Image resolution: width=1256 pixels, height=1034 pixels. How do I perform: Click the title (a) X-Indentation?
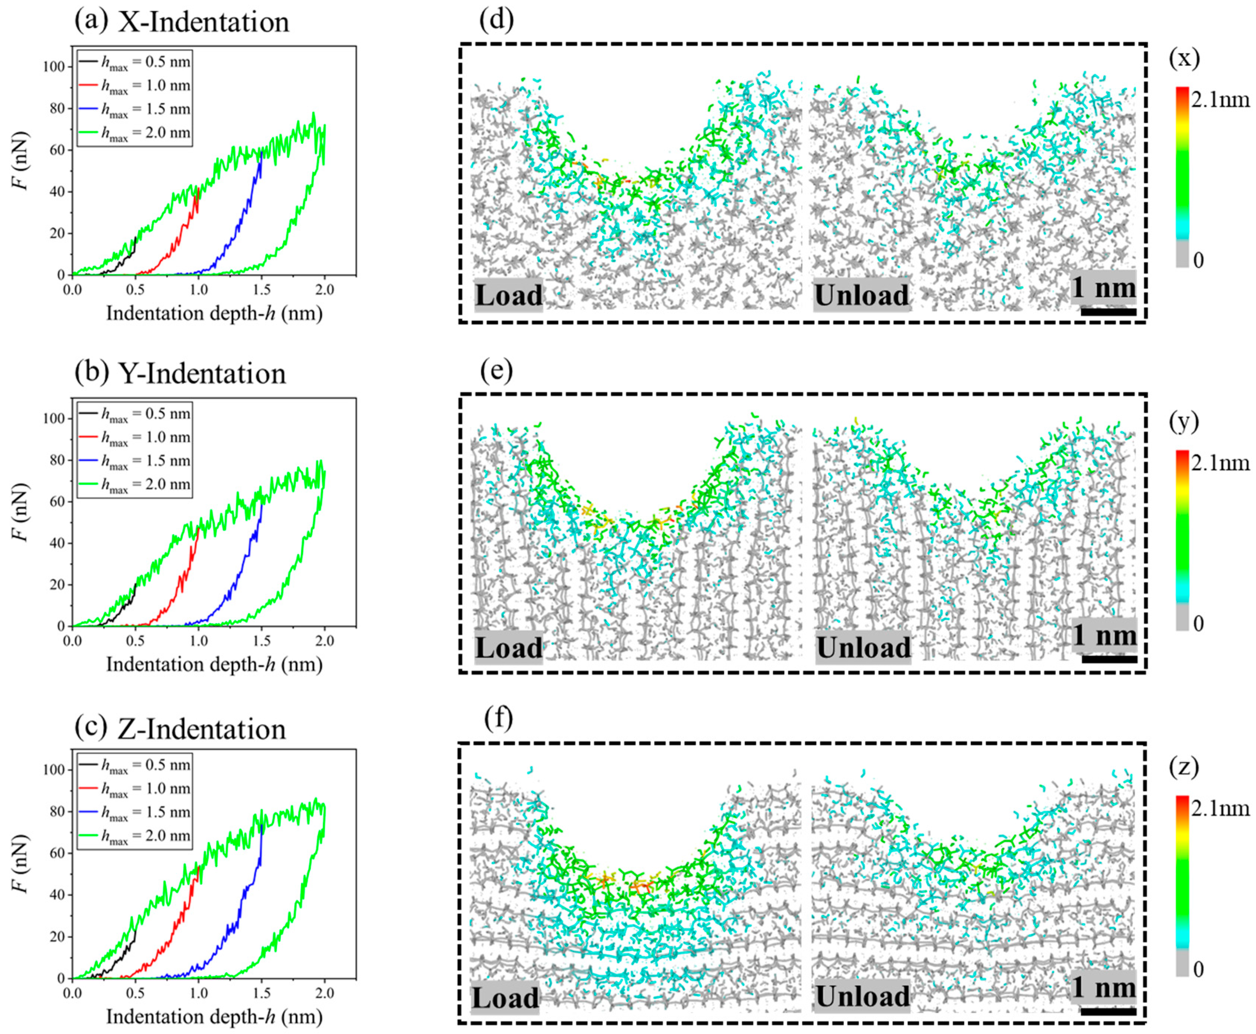(182, 22)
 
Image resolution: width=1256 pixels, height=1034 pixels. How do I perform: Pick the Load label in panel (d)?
(508, 295)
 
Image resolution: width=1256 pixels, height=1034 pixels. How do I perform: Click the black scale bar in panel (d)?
(1108, 311)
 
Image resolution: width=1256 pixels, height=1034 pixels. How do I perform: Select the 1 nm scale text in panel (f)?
(1104, 987)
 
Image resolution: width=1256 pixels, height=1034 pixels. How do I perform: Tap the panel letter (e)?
(496, 370)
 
